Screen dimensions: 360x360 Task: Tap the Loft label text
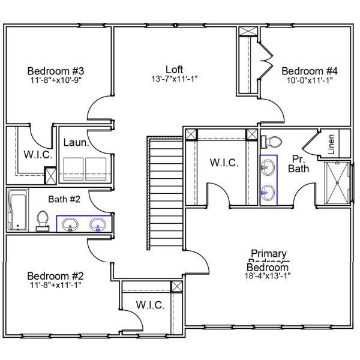[175, 69]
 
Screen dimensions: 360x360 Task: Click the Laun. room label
[76, 143]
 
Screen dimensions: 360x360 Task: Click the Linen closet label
[331, 143]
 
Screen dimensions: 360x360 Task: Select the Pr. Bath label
[298, 164]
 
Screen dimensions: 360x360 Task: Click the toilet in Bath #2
[43, 220]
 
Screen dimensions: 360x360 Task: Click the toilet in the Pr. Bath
[272, 142]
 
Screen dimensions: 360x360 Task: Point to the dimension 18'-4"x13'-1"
[268, 277]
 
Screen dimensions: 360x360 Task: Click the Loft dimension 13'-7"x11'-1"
[175, 79]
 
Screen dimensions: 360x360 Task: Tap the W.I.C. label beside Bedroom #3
[38, 155]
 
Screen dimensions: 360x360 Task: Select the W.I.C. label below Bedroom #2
[149, 305]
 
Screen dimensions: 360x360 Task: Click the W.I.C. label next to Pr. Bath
[224, 163]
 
